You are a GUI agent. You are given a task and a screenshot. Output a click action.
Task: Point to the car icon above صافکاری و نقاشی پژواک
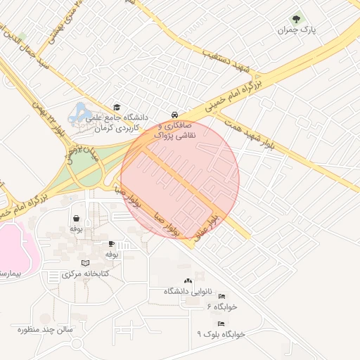pos(174,115)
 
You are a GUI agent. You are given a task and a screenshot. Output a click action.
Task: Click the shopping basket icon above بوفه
pos(76,219)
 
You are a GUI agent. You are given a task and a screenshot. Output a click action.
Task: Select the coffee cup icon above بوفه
pos(111,243)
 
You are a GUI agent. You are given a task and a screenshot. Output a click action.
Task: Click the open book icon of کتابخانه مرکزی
pos(86,263)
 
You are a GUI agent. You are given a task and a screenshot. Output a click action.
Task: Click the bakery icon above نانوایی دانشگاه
pos(187,281)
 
